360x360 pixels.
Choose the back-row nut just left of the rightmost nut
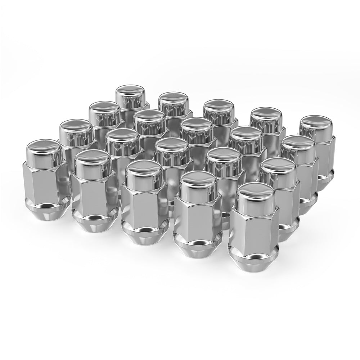[x=266, y=119]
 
